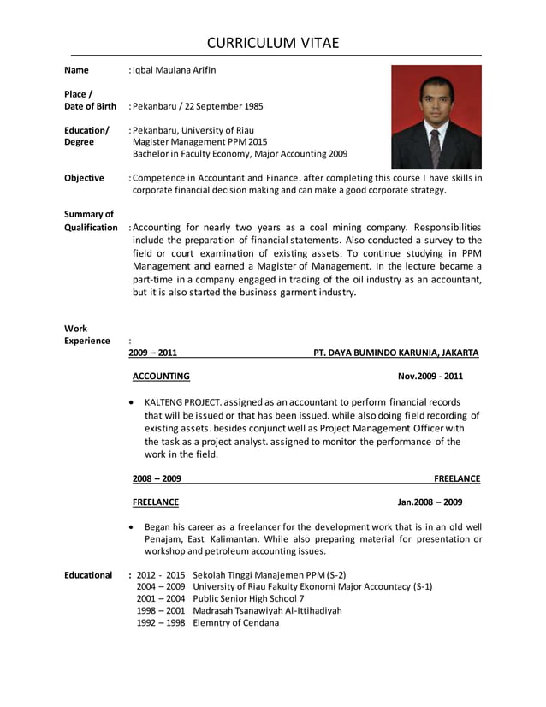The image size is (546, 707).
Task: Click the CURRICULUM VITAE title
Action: tap(273, 43)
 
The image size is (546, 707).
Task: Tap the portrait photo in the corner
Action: tap(436, 117)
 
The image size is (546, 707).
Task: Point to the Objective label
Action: tap(84, 178)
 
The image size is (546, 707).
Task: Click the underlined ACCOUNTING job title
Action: tap(161, 376)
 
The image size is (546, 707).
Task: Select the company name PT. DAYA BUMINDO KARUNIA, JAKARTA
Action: tap(396, 353)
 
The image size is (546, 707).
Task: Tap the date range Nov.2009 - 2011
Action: tap(430, 376)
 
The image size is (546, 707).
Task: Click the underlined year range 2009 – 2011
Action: tap(153, 353)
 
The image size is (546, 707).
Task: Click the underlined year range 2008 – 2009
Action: tap(157, 478)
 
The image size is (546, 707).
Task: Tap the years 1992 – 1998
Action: tap(161, 623)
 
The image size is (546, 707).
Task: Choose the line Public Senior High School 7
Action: tap(248, 599)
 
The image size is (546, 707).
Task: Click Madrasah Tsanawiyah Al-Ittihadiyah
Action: tap(267, 611)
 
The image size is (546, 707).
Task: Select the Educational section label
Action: tap(88, 575)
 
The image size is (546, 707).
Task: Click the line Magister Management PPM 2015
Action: tap(200, 142)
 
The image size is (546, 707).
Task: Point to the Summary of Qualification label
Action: tap(91, 221)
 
